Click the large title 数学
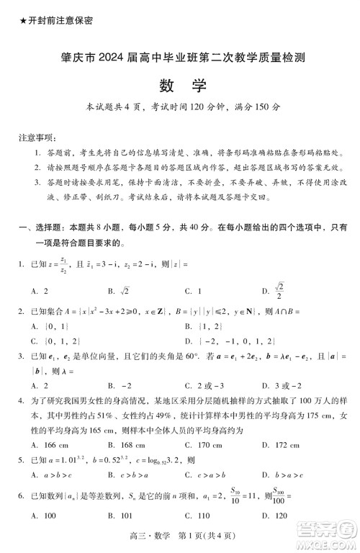(180, 86)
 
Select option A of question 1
(40, 292)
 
